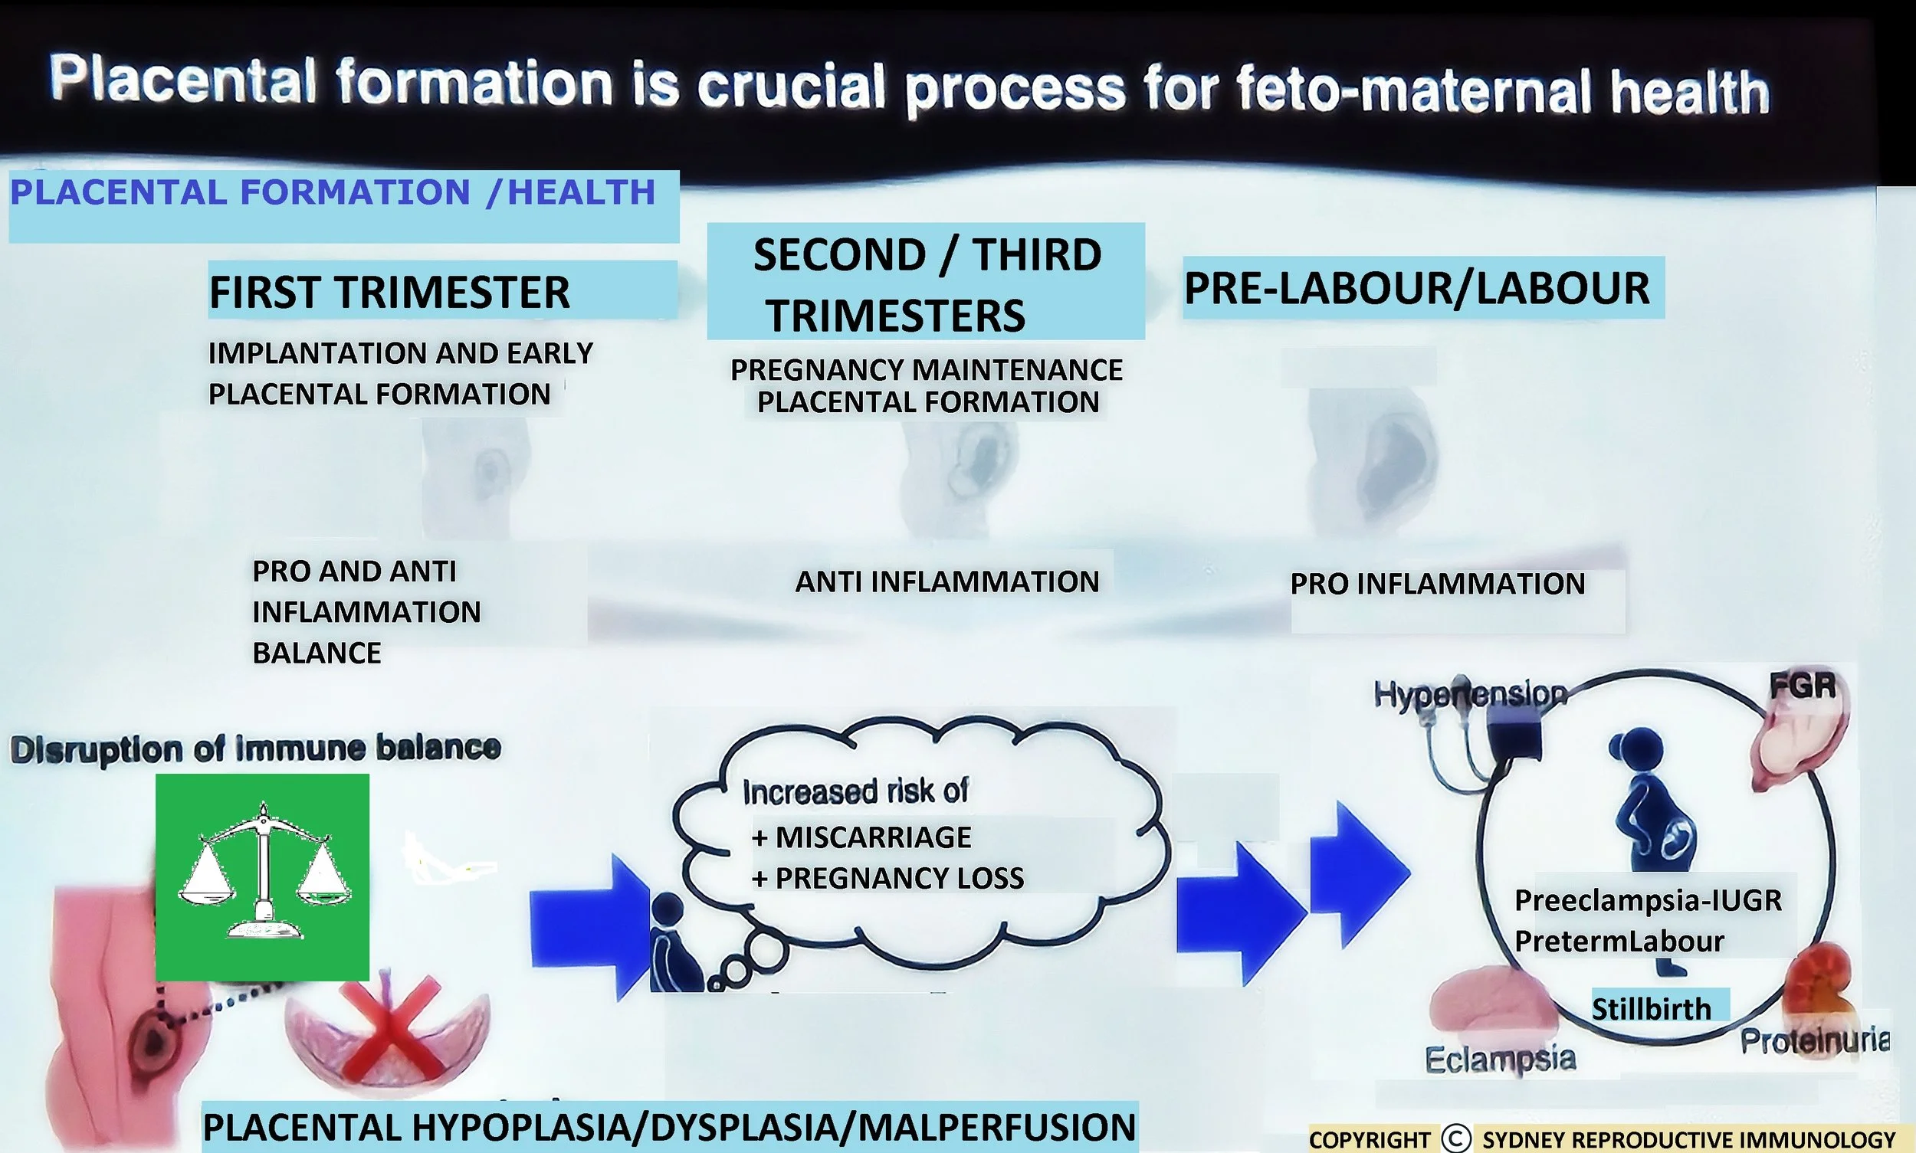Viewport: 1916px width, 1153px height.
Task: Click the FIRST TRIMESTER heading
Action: pyautogui.click(x=389, y=292)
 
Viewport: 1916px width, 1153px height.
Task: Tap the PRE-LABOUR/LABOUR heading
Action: pyautogui.click(x=1416, y=288)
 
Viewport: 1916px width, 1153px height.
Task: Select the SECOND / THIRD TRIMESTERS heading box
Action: pyautogui.click(x=926, y=283)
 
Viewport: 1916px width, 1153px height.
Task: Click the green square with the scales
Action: pyautogui.click(x=262, y=876)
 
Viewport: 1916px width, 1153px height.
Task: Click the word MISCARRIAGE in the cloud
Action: pyautogui.click(x=873, y=837)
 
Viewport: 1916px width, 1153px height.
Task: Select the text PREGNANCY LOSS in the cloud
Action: pyautogui.click(x=899, y=878)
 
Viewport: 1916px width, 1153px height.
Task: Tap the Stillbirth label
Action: pyautogui.click(x=1651, y=1008)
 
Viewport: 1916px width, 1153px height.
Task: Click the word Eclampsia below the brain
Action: pyautogui.click(x=1499, y=1058)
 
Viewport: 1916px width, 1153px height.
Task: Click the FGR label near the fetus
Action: pyautogui.click(x=1803, y=686)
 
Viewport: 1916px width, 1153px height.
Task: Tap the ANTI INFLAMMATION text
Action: pyautogui.click(x=947, y=582)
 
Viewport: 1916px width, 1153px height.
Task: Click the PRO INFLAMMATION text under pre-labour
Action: pyautogui.click(x=1437, y=585)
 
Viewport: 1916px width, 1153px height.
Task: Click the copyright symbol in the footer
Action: pyautogui.click(x=1456, y=1139)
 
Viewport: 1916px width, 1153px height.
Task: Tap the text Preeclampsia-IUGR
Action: pyautogui.click(x=1648, y=900)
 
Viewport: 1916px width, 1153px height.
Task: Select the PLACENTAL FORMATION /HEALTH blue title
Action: pyautogui.click(x=333, y=193)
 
